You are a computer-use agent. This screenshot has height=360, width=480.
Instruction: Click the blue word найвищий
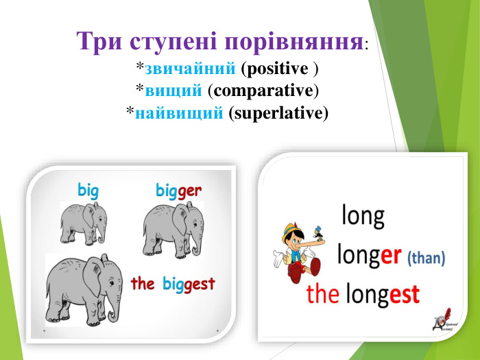pos(180,112)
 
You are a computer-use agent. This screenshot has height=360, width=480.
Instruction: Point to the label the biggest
pos(173,283)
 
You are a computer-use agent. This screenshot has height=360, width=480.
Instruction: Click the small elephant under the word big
pos(82,223)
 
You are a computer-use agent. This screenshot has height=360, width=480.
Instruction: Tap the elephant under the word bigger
pos(173,226)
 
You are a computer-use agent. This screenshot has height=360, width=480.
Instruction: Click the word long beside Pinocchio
pos(363,217)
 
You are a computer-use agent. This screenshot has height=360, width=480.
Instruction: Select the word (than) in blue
pos(426,259)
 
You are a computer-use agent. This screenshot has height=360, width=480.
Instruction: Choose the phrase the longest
pos(363,295)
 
